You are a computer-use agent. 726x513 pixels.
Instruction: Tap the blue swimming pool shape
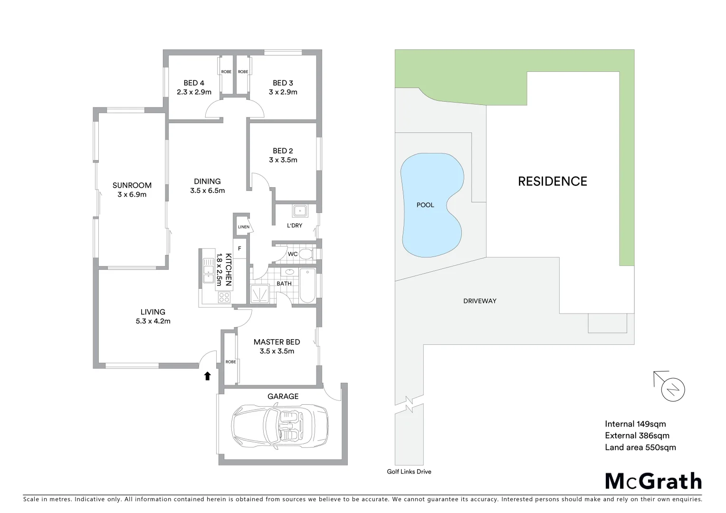pyautogui.click(x=430, y=205)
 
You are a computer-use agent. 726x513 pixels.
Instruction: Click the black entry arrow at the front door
pyautogui.click(x=207, y=376)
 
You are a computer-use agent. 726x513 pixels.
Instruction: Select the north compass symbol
pyautogui.click(x=673, y=389)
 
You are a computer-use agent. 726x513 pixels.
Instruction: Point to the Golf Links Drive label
pyautogui.click(x=409, y=472)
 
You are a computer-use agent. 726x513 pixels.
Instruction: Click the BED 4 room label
pyautogui.click(x=194, y=83)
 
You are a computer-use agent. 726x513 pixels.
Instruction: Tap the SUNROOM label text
pyautogui.click(x=132, y=185)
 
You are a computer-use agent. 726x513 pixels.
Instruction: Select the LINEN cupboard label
pyautogui.click(x=243, y=227)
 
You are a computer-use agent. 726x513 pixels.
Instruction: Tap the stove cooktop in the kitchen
pyautogui.click(x=224, y=297)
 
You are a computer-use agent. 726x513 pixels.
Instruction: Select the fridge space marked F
pyautogui.click(x=239, y=248)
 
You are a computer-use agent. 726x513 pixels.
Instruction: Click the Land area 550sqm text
pyautogui.click(x=640, y=447)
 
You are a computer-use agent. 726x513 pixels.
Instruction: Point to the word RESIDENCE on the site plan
pyautogui.click(x=552, y=181)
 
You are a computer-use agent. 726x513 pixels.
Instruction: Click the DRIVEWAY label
pyautogui.click(x=479, y=301)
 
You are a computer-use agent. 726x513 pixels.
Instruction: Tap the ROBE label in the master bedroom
pyautogui.click(x=230, y=362)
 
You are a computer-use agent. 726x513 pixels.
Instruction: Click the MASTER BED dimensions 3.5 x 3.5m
pyautogui.click(x=277, y=351)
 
